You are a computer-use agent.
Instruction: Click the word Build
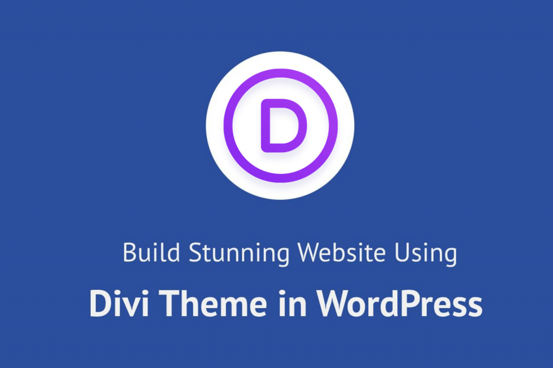pyautogui.click(x=151, y=252)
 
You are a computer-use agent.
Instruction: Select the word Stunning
pyautogui.click(x=239, y=254)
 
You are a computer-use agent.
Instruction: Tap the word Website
pyautogui.click(x=341, y=252)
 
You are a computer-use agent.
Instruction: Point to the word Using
pyautogui.click(x=426, y=254)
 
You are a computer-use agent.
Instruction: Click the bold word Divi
pyautogui.click(x=119, y=303)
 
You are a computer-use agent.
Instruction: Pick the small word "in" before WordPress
pyautogui.click(x=292, y=303)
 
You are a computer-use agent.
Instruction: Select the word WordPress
pyautogui.click(x=399, y=304)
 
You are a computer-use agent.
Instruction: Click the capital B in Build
pyautogui.click(x=130, y=253)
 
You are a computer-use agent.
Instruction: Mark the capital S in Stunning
pyautogui.click(x=195, y=253)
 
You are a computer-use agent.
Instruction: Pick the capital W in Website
pyautogui.click(x=312, y=253)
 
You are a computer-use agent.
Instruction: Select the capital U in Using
pyautogui.click(x=402, y=253)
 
